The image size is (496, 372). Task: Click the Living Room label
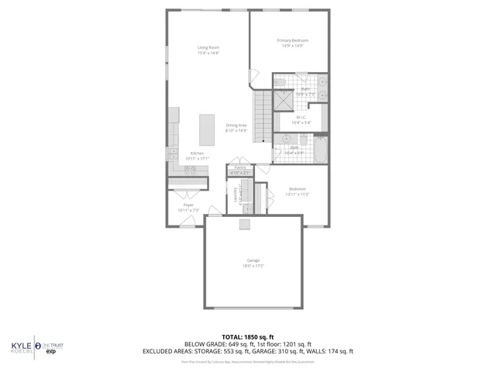click(208, 47)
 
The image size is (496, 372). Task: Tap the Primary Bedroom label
click(293, 40)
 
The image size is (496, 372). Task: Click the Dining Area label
click(236, 126)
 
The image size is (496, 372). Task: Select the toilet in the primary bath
click(281, 81)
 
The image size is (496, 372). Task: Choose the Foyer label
click(188, 205)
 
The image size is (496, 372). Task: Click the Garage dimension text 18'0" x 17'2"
click(253, 266)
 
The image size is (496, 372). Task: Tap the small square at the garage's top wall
click(246, 225)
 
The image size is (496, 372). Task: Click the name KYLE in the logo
click(19, 346)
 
